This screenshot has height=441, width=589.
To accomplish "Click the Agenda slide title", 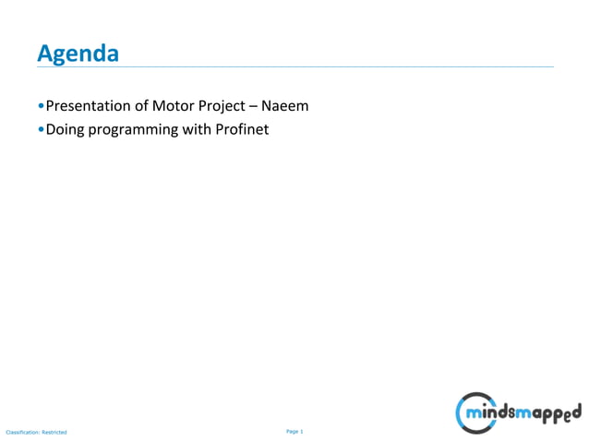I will pos(78,54).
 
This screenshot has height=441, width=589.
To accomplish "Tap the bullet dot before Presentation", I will pos(41,107).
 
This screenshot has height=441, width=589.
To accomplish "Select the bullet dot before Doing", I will pos(41,130).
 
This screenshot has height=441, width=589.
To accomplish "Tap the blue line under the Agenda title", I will pos(294,66).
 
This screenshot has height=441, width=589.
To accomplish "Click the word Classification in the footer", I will pos(21,432).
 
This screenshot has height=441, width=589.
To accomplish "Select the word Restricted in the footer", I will pos(54,432).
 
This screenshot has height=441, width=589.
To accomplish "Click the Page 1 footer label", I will pos(294,431).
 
